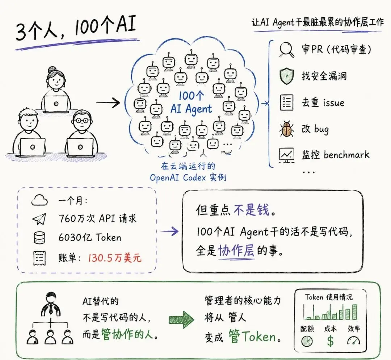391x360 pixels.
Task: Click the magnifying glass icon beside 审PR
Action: coord(286,49)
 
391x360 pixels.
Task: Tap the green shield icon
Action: coord(286,76)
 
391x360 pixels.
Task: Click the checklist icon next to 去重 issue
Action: coord(286,102)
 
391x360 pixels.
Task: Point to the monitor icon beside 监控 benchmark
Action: coord(286,155)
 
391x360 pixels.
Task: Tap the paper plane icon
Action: coord(39,219)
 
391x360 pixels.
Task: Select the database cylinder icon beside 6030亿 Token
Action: coord(39,238)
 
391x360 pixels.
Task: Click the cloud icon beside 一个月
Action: coord(39,200)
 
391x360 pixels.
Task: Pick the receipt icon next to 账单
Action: coord(39,258)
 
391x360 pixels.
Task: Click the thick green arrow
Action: coord(181,319)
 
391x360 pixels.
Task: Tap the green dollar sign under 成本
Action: coord(330,341)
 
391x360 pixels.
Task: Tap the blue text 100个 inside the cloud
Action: coord(191,96)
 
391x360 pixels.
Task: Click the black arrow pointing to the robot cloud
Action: coord(108,102)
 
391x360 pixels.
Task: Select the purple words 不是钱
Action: coord(252,210)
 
